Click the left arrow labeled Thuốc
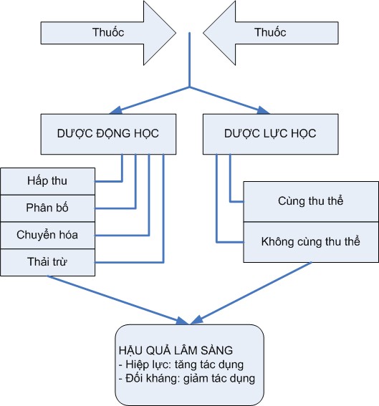click(x=107, y=33)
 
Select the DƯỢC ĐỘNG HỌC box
click(x=107, y=134)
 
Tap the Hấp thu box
click(x=47, y=179)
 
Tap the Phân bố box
click(x=47, y=207)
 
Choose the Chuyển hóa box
click(x=47, y=234)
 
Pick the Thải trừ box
click(x=47, y=261)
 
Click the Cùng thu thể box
click(x=310, y=200)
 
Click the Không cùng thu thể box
click(x=310, y=241)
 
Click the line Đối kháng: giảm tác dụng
click(x=186, y=377)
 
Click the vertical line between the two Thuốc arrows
click(x=190, y=61)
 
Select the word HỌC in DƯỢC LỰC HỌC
click(x=301, y=134)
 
